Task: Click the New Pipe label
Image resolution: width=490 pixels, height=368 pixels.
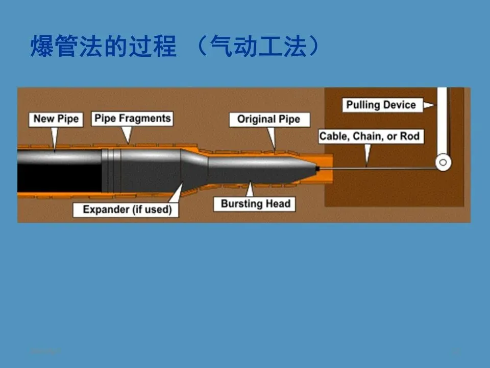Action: click(x=56, y=119)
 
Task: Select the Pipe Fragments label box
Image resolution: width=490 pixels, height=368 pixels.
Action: click(x=132, y=119)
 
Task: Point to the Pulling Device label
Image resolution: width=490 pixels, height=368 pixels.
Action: click(x=381, y=105)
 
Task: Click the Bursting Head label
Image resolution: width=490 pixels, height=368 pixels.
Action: click(x=255, y=204)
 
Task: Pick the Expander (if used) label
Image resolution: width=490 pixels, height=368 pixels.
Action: click(x=127, y=210)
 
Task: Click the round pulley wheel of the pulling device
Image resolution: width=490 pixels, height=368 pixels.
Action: click(x=443, y=163)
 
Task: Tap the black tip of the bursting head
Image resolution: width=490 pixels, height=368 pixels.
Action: click(x=317, y=168)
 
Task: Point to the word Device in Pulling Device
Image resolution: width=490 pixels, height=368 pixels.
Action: click(x=398, y=105)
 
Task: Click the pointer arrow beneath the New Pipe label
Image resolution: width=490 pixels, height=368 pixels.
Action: click(x=55, y=137)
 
